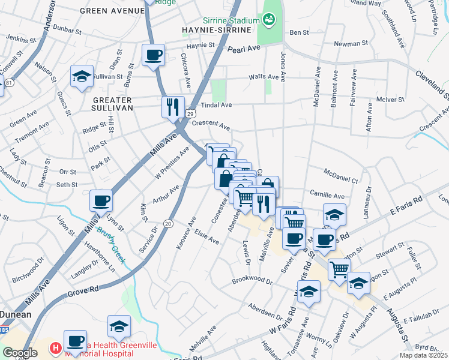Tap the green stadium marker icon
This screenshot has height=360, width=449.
(x=270, y=20)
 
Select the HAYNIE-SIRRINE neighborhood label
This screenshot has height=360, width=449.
(x=208, y=29)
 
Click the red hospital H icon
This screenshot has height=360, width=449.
(x=55, y=347)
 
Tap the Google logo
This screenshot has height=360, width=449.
(x=20, y=353)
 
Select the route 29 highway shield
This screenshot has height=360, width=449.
(x=190, y=113)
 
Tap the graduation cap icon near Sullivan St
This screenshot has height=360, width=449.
(x=82, y=76)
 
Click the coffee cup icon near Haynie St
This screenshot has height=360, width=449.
(x=153, y=55)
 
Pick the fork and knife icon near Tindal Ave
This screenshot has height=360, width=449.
(x=173, y=107)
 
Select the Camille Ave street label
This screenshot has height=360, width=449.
(x=327, y=195)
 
